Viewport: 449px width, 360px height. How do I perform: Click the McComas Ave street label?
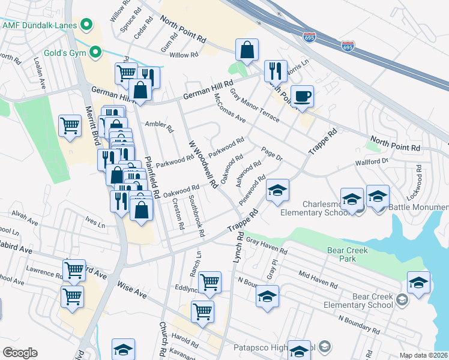pyautogui.click(x=231, y=110)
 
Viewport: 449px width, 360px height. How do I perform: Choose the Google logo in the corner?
pyautogui.click(x=20, y=353)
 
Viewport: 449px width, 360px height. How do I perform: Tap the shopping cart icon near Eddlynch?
pyautogui.click(x=209, y=282)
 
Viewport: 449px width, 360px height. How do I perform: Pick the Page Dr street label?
pyautogui.click(x=271, y=154)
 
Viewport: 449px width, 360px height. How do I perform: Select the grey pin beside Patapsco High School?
pyautogui.click(x=325, y=347)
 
